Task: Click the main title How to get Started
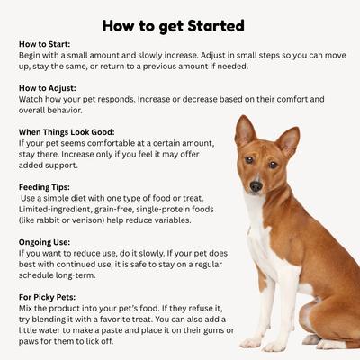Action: pyautogui.click(x=180, y=23)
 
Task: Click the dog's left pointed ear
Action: pyautogui.click(x=244, y=132)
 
